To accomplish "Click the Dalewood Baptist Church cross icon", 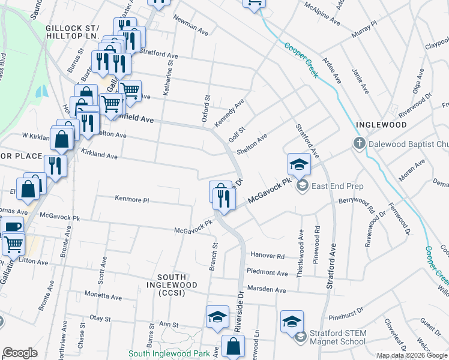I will click(x=358, y=144).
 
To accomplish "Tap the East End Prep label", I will click(x=337, y=186).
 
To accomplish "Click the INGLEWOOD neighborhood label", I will click(x=381, y=125).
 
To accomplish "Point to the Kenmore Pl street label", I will click(x=131, y=198).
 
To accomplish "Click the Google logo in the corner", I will click(x=20, y=353).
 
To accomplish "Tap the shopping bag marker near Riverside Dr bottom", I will click(x=233, y=347).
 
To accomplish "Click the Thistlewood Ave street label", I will click(x=300, y=244).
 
